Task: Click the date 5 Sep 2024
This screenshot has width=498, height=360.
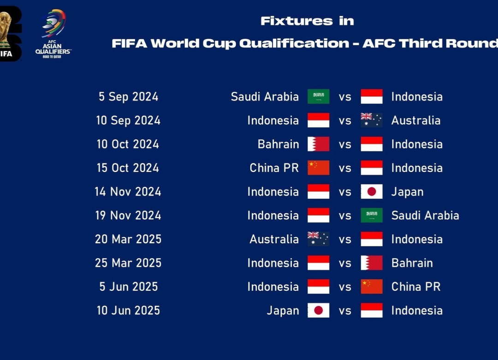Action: pyautogui.click(x=128, y=96)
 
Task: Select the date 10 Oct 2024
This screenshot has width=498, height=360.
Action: pyautogui.click(x=128, y=144)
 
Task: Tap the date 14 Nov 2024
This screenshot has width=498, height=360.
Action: pyautogui.click(x=128, y=192)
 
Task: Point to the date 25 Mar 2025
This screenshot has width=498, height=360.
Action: pyautogui.click(x=128, y=263)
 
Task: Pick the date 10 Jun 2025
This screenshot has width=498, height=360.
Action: pyautogui.click(x=128, y=311)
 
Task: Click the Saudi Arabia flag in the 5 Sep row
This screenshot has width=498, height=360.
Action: pyautogui.click(x=318, y=96)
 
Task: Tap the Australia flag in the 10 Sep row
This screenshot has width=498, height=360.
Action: pyautogui.click(x=372, y=120)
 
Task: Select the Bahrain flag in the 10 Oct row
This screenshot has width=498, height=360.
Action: pyautogui.click(x=318, y=144)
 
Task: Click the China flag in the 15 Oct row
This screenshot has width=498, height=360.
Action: pyautogui.click(x=318, y=168)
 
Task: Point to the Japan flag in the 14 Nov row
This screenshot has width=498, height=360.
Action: pyautogui.click(x=372, y=192)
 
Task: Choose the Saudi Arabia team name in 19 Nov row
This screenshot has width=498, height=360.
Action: pyautogui.click(x=425, y=216)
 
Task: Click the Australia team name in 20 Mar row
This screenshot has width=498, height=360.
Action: pyautogui.click(x=274, y=239)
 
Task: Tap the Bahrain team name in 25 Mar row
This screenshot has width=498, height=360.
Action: pyautogui.click(x=412, y=263)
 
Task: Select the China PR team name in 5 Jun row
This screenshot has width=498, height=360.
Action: pyautogui.click(x=416, y=287)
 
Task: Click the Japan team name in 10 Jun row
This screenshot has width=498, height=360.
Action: pyautogui.click(x=283, y=311)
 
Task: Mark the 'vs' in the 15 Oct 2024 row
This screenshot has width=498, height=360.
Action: pyautogui.click(x=345, y=168)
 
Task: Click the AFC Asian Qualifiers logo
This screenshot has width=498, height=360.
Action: pyautogui.click(x=53, y=34)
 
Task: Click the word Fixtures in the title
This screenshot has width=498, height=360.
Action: pyautogui.click(x=296, y=21)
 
